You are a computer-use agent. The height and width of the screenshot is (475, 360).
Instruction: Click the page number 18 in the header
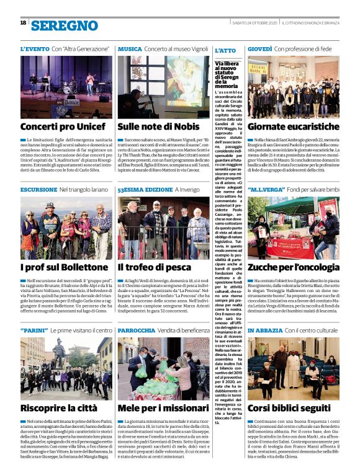click(x=23, y=22)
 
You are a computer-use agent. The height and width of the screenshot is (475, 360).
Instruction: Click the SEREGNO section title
click(x=64, y=25)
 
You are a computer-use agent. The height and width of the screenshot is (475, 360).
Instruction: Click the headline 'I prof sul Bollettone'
click(x=60, y=267)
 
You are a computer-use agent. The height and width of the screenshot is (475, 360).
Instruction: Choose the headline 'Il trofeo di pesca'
click(x=154, y=267)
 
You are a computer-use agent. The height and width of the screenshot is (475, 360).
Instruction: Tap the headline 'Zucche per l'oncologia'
click(x=294, y=267)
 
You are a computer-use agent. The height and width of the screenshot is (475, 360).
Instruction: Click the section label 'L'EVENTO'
click(x=34, y=48)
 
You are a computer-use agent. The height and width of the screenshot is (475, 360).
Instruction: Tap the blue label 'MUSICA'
click(x=130, y=48)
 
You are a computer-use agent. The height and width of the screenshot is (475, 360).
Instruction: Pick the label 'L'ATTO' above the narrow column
click(x=224, y=50)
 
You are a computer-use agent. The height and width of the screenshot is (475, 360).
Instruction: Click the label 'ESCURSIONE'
click(x=38, y=189)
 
